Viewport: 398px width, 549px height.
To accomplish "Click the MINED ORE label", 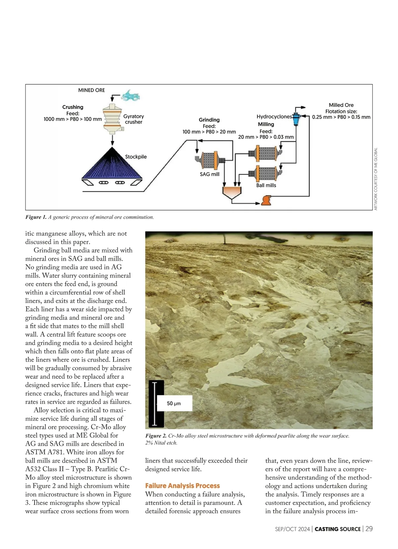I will pyautogui.click(x=91, y=90).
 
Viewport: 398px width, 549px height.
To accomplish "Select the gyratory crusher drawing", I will pyautogui.click(x=112, y=119).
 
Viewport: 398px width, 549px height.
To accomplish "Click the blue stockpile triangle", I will pyautogui.click(x=112, y=165).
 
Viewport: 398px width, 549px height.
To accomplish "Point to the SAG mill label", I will pyautogui.click(x=209, y=174).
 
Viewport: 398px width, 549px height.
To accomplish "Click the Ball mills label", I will pyautogui.click(x=266, y=186).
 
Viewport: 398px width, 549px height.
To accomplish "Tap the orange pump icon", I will pyautogui.click(x=266, y=200).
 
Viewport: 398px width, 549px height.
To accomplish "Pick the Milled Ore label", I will pyautogui.click(x=341, y=105).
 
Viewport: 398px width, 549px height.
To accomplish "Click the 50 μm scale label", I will pyautogui.click(x=174, y=404).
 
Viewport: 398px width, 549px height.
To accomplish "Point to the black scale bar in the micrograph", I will pyautogui.click(x=154, y=404).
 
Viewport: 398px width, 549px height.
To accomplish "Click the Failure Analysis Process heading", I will pyautogui.click(x=182, y=486).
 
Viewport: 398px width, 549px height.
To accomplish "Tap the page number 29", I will pyautogui.click(x=369, y=529).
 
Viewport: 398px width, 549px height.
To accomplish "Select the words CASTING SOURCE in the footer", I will pyautogui.click(x=337, y=529).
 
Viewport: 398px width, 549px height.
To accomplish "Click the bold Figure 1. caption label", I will pyautogui.click(x=36, y=217).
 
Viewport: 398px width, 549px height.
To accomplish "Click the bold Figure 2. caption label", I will pyautogui.click(x=156, y=436).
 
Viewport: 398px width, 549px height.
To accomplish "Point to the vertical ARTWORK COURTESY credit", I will pyautogui.click(x=376, y=179).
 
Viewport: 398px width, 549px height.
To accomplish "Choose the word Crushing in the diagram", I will pyautogui.click(x=73, y=107).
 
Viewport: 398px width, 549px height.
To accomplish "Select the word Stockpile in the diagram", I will pyautogui.click(x=136, y=157).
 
